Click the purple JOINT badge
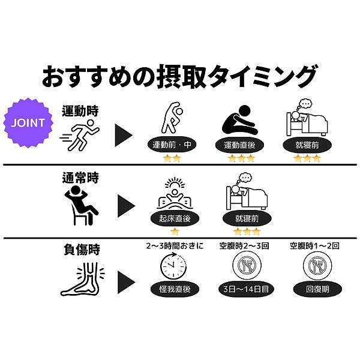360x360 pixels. pos(28,122)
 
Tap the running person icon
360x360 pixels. pos(80,134)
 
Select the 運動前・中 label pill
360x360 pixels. pos(172,145)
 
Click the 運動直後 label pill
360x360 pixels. pos(239,145)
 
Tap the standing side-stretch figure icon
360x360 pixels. pos(172,118)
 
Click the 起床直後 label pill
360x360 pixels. pos(175,218)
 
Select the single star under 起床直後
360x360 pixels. pos(175,232)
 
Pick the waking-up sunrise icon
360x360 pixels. pos(175,193)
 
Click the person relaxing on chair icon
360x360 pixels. pos(81,205)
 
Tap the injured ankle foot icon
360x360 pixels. pos(83,279)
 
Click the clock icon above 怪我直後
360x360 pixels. pos(173,265)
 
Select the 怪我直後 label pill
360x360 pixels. pos(175,289)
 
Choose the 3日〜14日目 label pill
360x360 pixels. pos(246,289)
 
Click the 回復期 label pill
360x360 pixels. pos(317,289)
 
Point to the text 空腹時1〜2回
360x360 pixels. pos(314,246)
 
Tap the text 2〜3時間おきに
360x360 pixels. pos(175,246)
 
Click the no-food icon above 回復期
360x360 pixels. pos(317,265)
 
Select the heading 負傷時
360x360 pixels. pos(82,250)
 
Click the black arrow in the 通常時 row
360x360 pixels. pos(126,206)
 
